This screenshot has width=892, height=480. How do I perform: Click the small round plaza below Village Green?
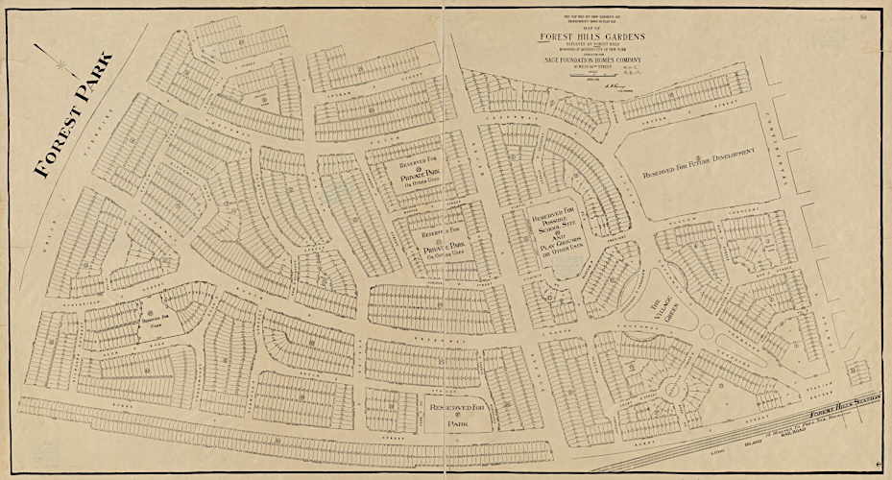point(708,331)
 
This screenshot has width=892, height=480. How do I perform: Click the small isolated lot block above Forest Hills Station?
point(856,370)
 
